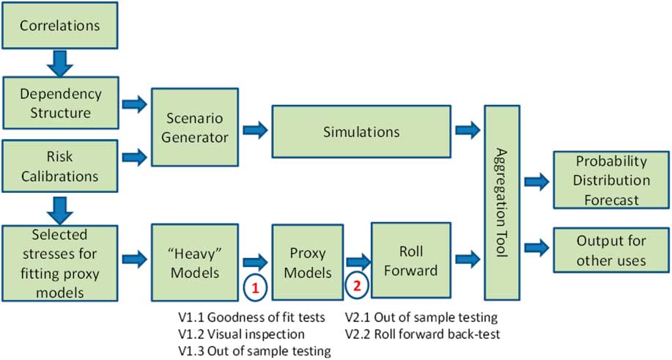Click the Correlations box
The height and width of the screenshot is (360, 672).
59,26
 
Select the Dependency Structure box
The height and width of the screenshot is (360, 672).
59,103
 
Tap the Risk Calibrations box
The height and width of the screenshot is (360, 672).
59,167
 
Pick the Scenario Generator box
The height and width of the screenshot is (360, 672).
194,127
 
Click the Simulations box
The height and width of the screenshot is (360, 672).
361,132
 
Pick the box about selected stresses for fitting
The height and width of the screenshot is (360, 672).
59,262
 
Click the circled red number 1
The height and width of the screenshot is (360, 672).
255,289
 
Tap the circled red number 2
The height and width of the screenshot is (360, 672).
357,287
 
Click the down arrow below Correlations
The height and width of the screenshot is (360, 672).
59,64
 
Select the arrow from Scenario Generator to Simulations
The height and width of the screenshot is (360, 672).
255,131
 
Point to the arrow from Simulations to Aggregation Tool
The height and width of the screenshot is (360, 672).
468,131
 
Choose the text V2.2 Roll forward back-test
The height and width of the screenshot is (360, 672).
422,334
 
